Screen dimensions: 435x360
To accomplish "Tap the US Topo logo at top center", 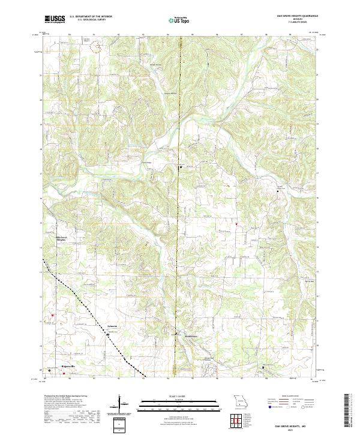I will [181, 20].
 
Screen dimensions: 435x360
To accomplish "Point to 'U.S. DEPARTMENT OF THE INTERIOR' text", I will [91, 16].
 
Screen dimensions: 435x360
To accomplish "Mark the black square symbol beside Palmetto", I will [109, 335].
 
